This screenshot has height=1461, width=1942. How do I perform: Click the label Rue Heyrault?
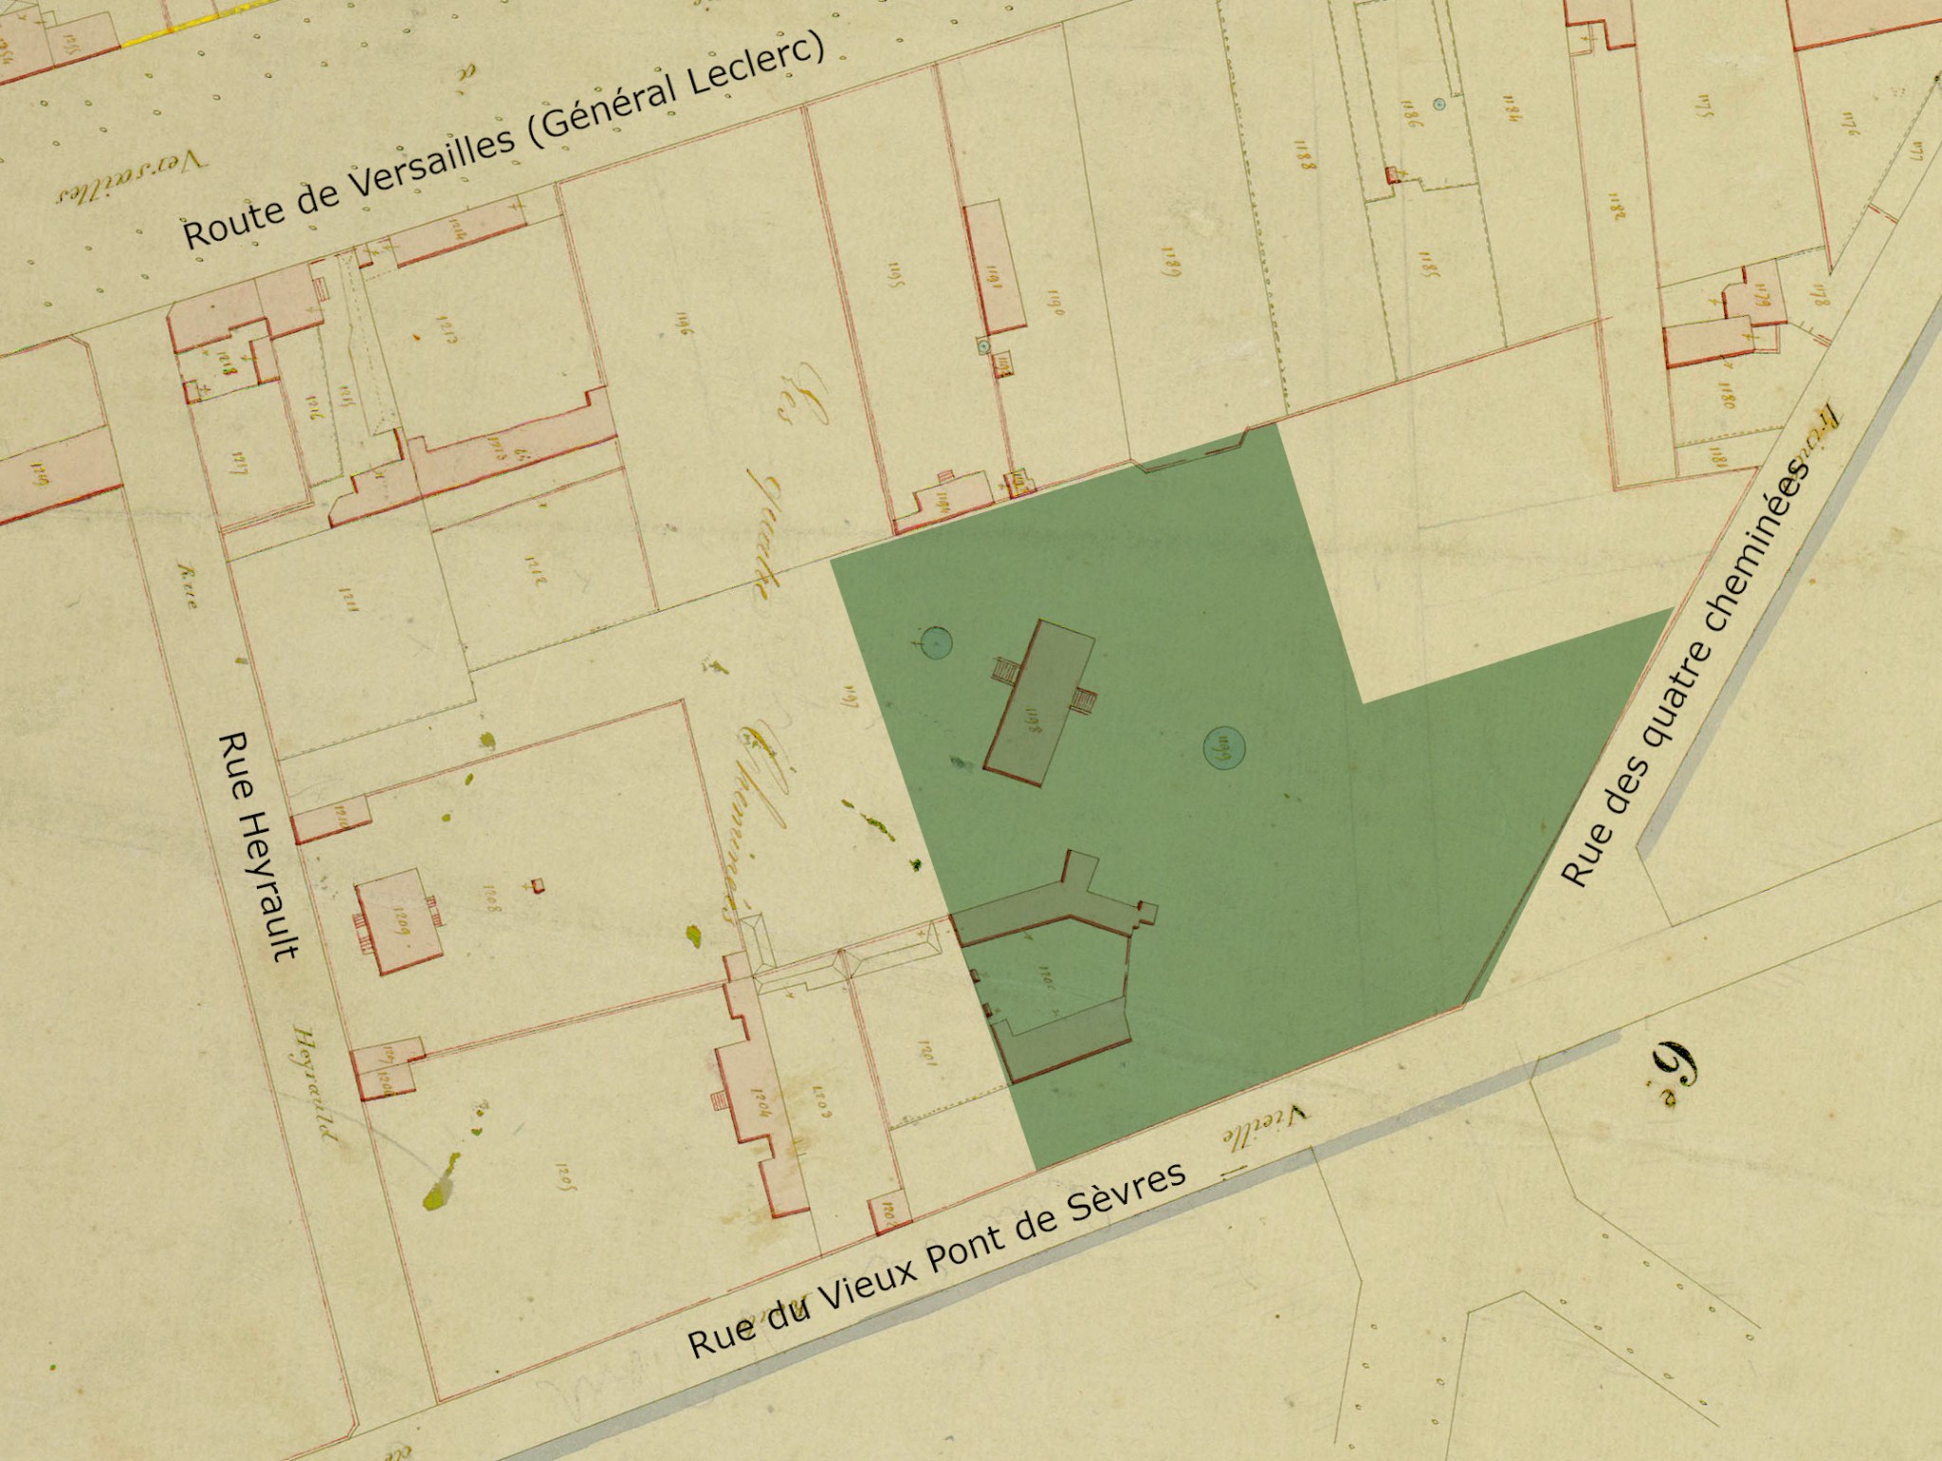click(258, 845)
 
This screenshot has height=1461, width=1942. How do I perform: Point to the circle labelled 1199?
click(1223, 748)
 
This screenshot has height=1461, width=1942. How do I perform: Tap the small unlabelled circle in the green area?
click(936, 642)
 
